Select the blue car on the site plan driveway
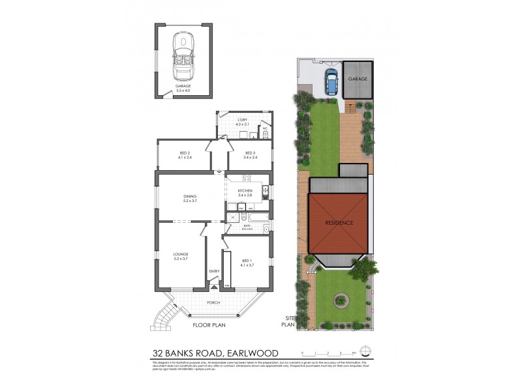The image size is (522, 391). point(331,83)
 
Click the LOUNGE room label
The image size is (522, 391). point(181,255)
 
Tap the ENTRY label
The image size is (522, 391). point(213,271)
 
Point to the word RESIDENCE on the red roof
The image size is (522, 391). point(339,223)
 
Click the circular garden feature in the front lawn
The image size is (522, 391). point(339,300)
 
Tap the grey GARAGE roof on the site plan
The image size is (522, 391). point(358,80)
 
